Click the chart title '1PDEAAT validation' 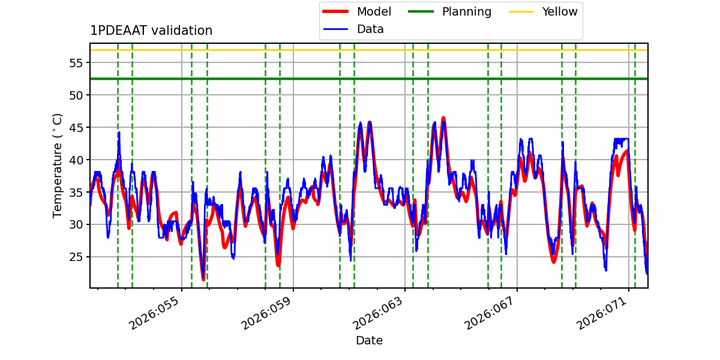click(x=151, y=31)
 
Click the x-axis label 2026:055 click(x=156, y=313)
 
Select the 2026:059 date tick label click(x=268, y=313)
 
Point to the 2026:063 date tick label click(x=379, y=313)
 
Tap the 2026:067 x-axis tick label click(x=491, y=313)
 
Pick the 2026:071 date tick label click(x=603, y=313)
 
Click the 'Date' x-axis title click(x=369, y=341)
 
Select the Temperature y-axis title click(x=58, y=165)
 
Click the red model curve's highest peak click(x=443, y=118)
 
